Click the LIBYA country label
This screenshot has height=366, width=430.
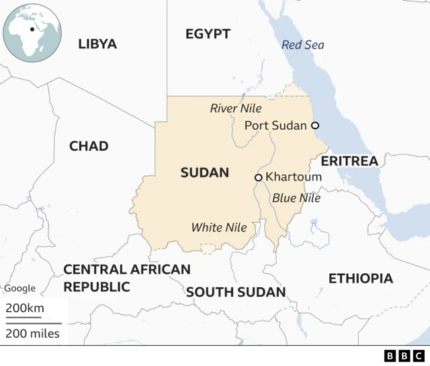point(97,44)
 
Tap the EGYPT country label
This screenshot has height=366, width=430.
point(208,34)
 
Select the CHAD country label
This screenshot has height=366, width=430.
point(89,146)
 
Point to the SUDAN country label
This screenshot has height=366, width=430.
point(204,173)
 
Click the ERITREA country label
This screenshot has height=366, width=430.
point(349,161)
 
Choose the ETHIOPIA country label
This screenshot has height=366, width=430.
point(360,279)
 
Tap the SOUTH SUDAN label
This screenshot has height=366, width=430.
point(236,292)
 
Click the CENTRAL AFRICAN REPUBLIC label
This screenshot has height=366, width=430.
point(126,278)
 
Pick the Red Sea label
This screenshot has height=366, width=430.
point(302,45)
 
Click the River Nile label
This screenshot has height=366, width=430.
point(236,108)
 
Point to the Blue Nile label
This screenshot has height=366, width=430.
point(296,198)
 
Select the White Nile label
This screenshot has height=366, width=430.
point(219,227)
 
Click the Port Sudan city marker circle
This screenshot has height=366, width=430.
point(314,125)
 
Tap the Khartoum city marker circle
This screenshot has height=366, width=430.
point(258,178)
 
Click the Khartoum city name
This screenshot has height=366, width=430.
point(294,177)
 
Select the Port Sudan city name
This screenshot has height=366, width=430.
point(275,125)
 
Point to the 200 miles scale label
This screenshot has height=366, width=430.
point(33,333)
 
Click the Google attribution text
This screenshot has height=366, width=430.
point(20,289)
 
